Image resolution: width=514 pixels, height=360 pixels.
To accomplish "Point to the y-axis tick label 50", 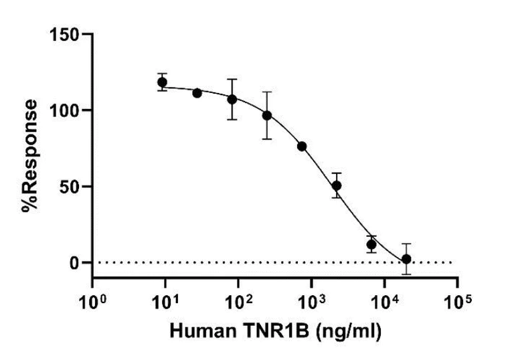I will click(72, 186).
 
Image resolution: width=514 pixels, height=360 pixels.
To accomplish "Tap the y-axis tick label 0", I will click(76, 262).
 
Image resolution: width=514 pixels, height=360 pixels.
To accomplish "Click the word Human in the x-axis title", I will click(197, 331).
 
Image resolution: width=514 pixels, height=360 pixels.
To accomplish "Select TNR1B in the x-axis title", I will click(266, 331).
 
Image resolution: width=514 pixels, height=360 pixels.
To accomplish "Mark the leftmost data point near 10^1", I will click(162, 82).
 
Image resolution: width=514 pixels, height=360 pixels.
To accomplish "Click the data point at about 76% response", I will click(302, 146).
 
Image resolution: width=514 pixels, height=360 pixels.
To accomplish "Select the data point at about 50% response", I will click(337, 185).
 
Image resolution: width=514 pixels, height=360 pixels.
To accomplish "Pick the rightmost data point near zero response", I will click(406, 259).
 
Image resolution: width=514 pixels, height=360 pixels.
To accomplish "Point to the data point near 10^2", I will click(232, 99).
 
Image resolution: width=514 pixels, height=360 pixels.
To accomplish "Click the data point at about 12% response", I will click(371, 244).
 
